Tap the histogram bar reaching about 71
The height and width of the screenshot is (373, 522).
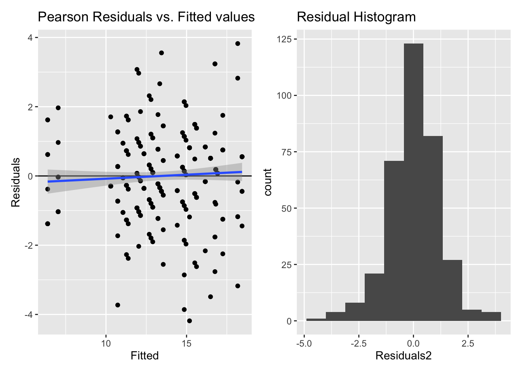[394, 241]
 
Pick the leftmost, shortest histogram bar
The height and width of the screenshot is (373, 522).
[316, 320]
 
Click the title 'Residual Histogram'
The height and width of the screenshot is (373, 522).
[356, 17]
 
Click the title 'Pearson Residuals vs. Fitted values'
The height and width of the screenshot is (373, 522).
[146, 17]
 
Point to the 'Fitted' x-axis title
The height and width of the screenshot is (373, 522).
[144, 356]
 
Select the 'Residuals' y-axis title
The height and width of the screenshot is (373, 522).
[16, 182]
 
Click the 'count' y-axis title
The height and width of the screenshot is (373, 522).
[268, 182]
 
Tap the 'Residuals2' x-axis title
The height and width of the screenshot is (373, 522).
[404, 356]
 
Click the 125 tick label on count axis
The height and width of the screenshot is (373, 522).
[284, 39]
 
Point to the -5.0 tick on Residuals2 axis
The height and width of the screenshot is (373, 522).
[304, 343]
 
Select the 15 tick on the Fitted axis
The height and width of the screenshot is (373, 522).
[186, 343]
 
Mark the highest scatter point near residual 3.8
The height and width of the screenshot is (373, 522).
[238, 44]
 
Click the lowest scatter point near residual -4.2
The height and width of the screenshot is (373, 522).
[189, 321]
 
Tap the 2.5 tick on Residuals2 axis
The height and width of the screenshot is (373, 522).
[468, 343]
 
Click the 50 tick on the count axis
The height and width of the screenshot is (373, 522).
[287, 208]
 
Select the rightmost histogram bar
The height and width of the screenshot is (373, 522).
[491, 317]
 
